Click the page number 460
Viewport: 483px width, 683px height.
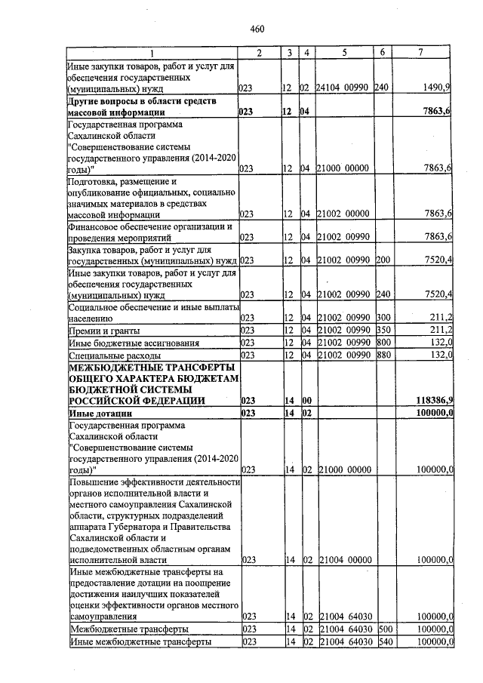click(257, 29)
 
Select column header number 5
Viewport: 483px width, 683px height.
click(343, 52)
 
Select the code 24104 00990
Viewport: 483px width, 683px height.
click(343, 88)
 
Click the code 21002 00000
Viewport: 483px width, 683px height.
click(343, 215)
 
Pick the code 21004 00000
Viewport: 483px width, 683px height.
click(343, 561)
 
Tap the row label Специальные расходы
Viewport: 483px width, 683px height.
click(114, 355)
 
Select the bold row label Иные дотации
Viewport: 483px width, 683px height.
click(100, 413)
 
